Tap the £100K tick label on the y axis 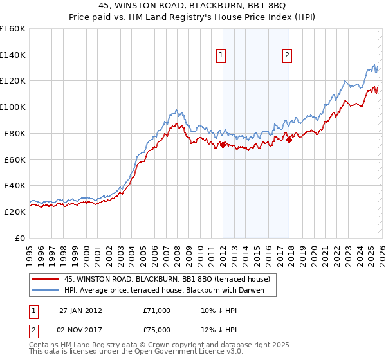tap(13, 107)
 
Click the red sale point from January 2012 tap(223, 145)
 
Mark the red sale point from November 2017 tap(289, 139)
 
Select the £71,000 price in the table tap(156, 310)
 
